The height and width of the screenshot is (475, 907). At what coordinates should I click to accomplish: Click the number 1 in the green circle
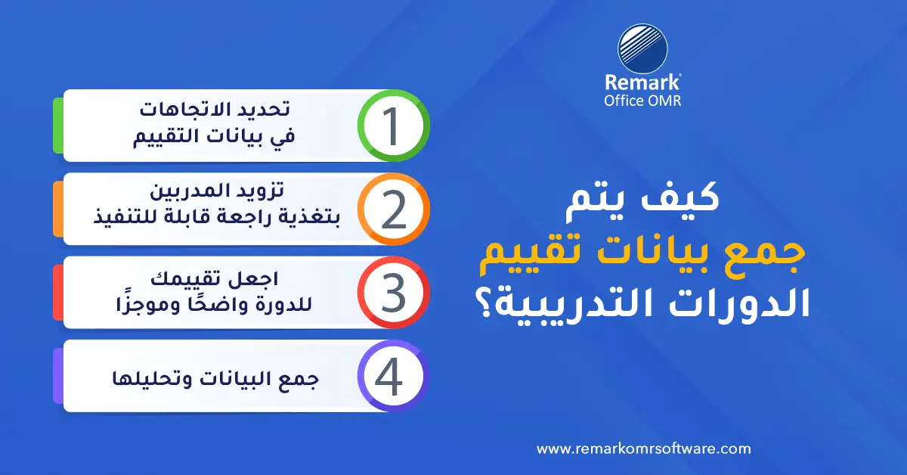click(392, 126)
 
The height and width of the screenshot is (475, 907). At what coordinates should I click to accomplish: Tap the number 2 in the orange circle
click(392, 210)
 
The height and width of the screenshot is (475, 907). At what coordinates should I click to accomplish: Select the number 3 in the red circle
click(392, 293)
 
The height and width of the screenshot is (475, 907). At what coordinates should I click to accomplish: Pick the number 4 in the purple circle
click(392, 376)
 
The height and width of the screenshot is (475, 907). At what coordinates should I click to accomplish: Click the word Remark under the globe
click(642, 83)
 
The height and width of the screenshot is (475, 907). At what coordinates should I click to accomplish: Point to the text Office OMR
click(642, 101)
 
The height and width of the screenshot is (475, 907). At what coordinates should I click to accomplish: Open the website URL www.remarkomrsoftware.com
click(643, 449)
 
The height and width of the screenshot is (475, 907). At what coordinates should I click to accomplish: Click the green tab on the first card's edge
click(57, 126)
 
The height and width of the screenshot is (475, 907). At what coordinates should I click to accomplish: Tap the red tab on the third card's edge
click(57, 293)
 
